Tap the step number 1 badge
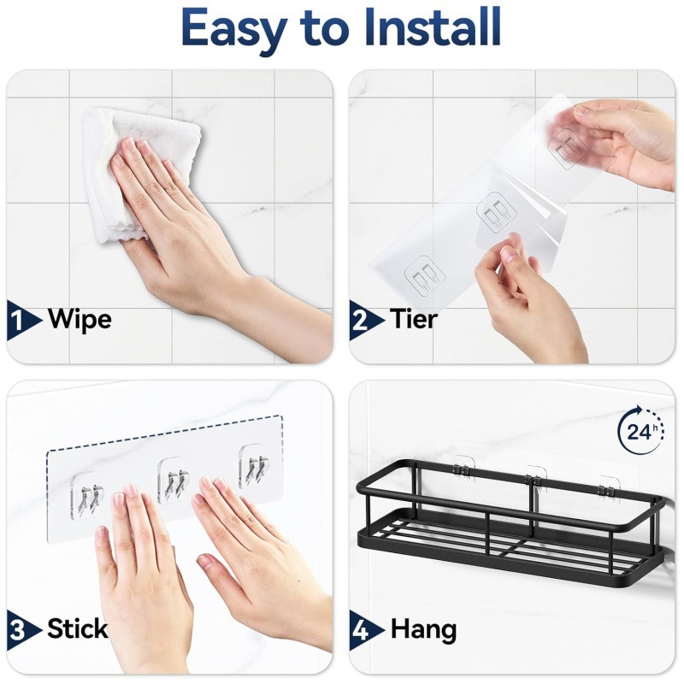(21, 321)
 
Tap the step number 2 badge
(363, 321)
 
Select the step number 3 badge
(21, 630)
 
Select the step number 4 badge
(363, 630)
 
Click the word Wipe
(80, 321)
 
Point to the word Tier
(414, 321)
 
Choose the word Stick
(77, 630)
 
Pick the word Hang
(423, 630)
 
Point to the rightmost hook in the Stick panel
(253, 465)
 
